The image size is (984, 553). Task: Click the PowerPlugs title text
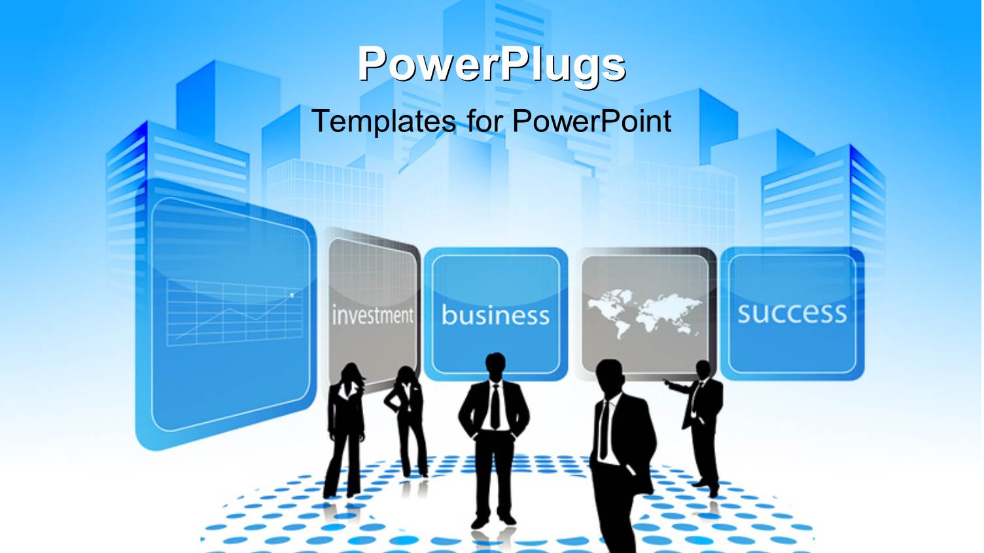coord(491,64)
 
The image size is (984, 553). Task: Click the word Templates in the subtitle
coord(383,121)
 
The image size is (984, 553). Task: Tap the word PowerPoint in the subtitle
coord(591,121)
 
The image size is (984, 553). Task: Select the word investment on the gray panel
coord(373,315)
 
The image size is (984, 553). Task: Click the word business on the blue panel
coord(495,315)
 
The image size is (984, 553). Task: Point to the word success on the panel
coord(792,312)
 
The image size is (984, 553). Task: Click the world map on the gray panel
coord(644,312)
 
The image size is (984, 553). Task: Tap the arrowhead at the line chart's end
coord(291,295)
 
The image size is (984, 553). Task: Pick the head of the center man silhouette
coord(495,367)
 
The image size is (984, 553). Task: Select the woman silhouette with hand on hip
coord(407,418)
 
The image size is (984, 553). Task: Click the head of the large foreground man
coord(610,376)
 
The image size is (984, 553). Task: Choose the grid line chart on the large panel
coord(232,312)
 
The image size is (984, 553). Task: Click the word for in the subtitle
coord(485,121)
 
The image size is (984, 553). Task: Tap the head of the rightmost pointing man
coord(703,370)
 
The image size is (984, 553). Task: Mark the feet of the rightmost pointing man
coord(707,487)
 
